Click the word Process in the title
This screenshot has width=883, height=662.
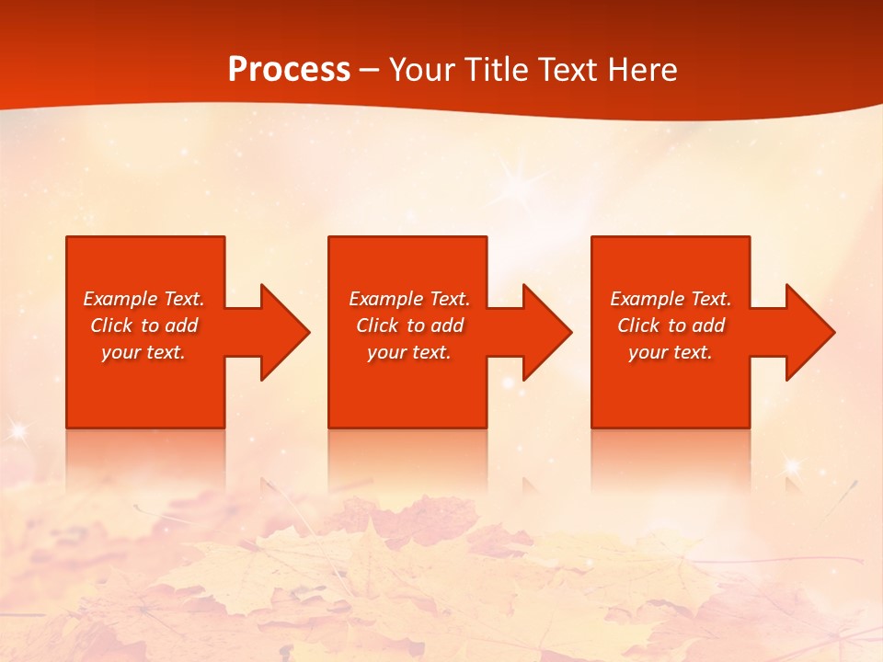[289, 70]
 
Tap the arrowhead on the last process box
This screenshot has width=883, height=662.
[808, 332]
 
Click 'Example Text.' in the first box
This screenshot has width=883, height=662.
[144, 299]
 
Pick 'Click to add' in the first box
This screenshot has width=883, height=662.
[144, 325]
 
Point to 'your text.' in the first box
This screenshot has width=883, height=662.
[144, 352]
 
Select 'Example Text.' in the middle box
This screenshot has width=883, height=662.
[409, 299]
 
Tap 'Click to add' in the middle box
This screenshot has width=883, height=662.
[409, 325]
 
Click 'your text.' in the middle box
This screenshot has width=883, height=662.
[409, 352]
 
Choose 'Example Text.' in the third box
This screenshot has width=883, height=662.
[671, 299]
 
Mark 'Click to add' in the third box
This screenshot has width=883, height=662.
[671, 325]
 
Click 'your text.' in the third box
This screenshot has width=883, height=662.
[671, 352]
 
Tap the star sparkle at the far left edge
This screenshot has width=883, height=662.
[16, 428]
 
